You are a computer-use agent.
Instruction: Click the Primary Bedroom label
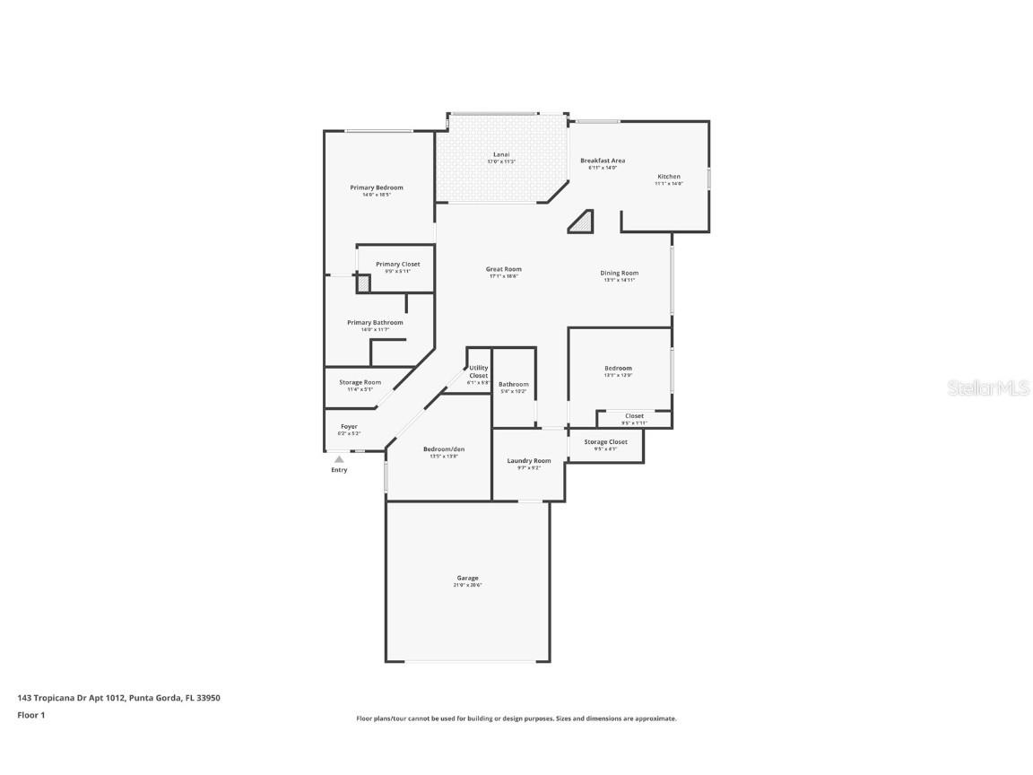(x=376, y=187)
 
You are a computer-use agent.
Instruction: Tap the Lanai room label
(x=501, y=154)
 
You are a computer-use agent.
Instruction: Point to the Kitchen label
(x=669, y=177)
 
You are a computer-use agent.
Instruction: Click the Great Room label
(x=503, y=269)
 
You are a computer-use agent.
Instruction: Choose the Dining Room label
(x=619, y=273)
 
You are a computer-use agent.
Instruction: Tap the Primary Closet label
(x=397, y=265)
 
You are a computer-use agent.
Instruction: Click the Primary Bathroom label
(x=375, y=323)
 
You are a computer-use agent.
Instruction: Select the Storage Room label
(x=360, y=383)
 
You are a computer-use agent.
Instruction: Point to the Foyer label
(x=349, y=427)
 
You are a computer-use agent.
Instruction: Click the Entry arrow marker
(x=339, y=459)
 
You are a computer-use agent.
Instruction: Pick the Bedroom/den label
(x=444, y=449)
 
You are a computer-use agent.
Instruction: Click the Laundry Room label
(x=529, y=461)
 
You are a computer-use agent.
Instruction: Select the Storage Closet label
(x=605, y=442)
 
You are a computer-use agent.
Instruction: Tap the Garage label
(x=467, y=579)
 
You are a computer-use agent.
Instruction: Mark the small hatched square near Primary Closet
(x=363, y=283)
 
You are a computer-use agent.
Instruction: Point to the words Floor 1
(x=30, y=715)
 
